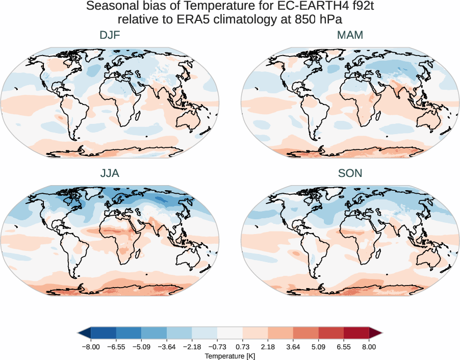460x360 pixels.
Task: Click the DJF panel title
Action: pos(110,35)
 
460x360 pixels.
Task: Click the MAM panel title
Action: pos(350,35)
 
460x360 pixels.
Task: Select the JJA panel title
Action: pos(110,173)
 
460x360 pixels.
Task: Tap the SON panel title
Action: pos(350,173)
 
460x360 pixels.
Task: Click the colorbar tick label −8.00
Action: pos(90,346)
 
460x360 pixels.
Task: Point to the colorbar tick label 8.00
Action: pos(369,346)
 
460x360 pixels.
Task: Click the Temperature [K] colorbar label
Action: pos(229,355)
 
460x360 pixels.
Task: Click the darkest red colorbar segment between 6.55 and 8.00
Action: pos(356,333)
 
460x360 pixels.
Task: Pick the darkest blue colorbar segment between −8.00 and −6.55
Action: pos(103,333)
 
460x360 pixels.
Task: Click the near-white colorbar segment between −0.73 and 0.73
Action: pos(229,333)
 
